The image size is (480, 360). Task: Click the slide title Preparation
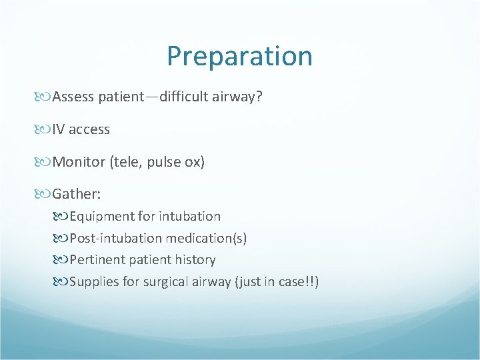[239, 57]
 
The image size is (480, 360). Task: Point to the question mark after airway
[259, 97]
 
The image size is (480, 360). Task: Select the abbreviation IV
[58, 129]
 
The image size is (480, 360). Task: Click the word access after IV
[89, 129]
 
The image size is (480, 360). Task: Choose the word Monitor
[77, 162]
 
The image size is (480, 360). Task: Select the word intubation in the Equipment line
[191, 216]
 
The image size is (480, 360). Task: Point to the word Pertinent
[96, 259]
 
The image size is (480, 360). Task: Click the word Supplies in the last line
[94, 281]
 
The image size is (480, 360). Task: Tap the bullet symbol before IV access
[45, 130]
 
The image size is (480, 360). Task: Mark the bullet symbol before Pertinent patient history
[63, 260]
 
